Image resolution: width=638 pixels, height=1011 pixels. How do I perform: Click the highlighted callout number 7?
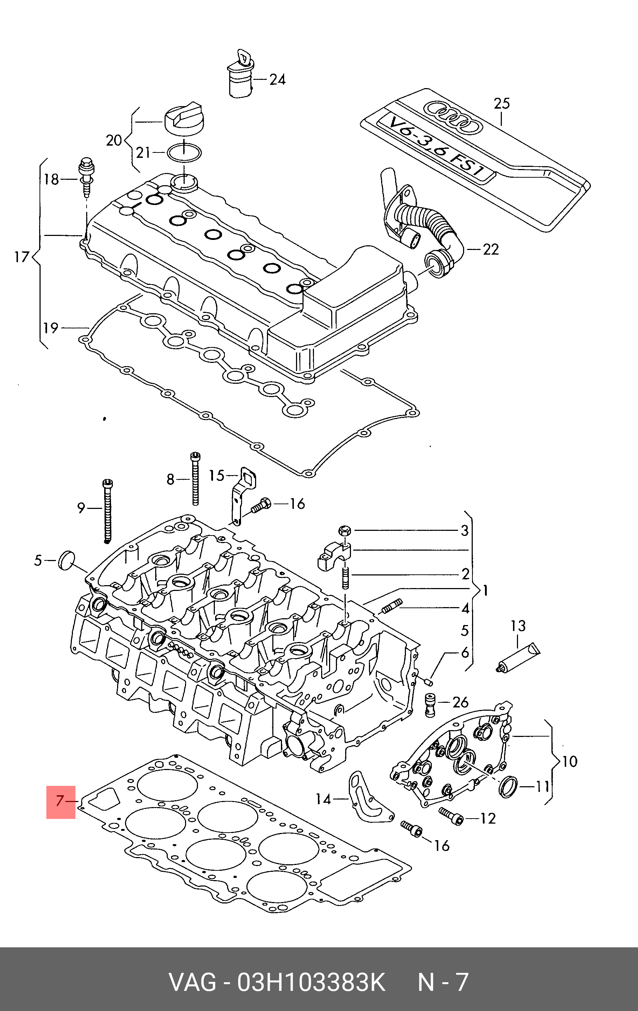click(x=60, y=801)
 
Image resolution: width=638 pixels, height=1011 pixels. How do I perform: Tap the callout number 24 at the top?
click(x=277, y=79)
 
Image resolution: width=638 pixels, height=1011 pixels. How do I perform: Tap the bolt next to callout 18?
click(x=86, y=178)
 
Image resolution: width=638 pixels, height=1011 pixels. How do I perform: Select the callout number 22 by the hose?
click(x=490, y=249)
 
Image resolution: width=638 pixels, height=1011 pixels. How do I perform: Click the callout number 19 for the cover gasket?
click(x=51, y=328)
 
